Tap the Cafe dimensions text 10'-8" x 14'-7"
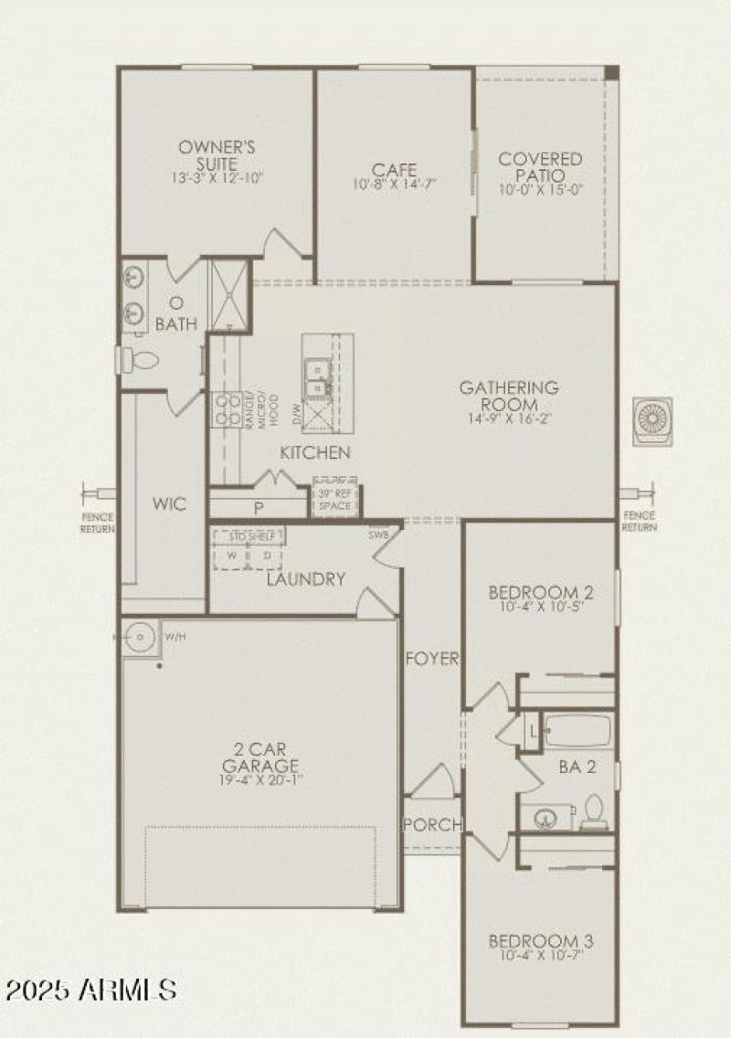click(x=395, y=184)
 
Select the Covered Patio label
click(x=540, y=166)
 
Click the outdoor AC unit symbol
click(x=652, y=421)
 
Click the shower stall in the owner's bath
click(x=228, y=296)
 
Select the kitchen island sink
click(x=316, y=377)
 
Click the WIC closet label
click(x=169, y=503)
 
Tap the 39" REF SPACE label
click(x=334, y=500)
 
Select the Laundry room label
click(x=306, y=578)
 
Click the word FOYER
click(x=432, y=659)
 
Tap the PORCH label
click(x=432, y=824)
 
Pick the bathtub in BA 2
click(x=577, y=731)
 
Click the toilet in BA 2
click(x=594, y=811)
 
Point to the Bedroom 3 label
click(x=535, y=941)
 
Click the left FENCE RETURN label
click(x=97, y=522)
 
